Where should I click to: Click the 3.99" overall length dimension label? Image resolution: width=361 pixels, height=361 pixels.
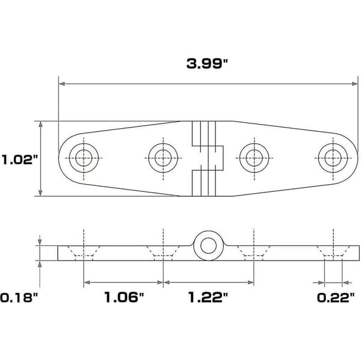tap(207, 64)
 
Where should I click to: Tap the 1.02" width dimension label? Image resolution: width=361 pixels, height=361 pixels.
tap(20, 159)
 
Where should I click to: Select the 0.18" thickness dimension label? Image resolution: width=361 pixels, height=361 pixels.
tap(19, 297)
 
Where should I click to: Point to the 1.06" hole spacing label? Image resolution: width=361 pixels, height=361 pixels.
tap(124, 297)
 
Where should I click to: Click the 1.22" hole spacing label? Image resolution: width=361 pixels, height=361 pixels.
tap(208, 297)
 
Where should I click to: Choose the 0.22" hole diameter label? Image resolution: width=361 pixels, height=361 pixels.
tap(336, 298)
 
